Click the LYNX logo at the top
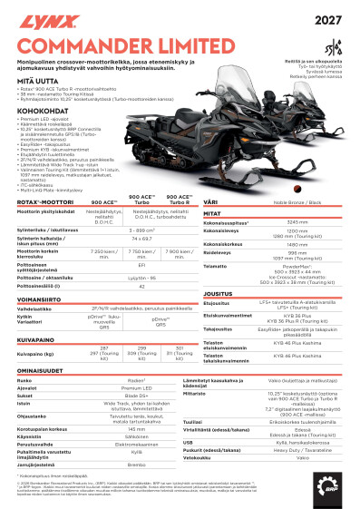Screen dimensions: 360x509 (41, 18)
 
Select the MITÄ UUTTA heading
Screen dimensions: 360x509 (36, 81)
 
